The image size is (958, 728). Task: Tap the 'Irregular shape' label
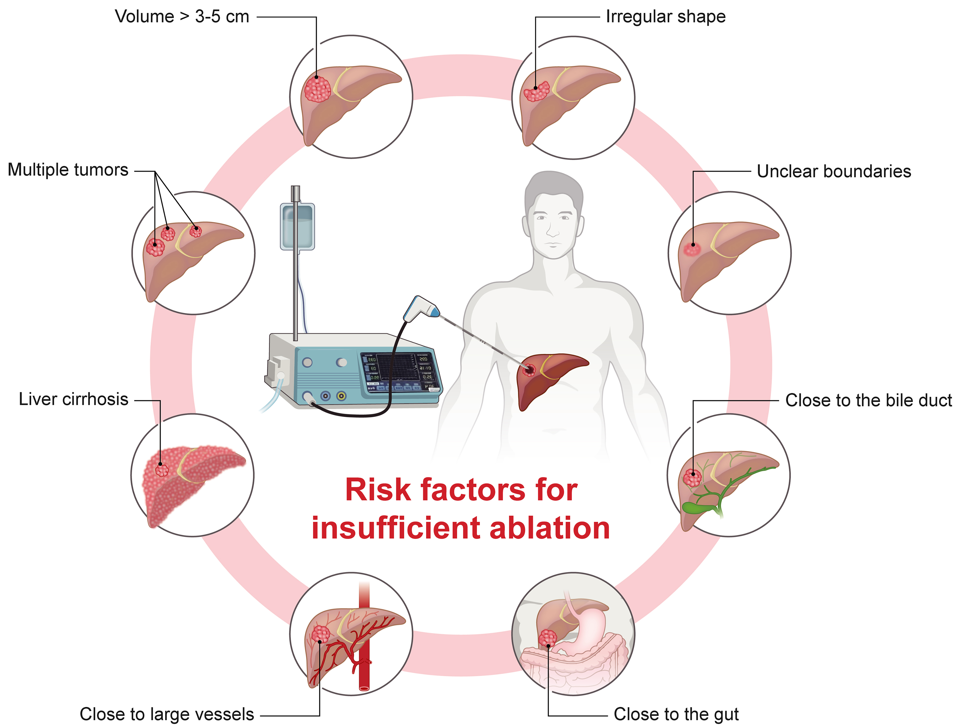click(665, 17)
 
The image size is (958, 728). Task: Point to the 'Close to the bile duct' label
click(868, 400)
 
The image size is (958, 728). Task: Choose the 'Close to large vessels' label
click(167, 714)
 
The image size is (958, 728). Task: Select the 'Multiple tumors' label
click(68, 170)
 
